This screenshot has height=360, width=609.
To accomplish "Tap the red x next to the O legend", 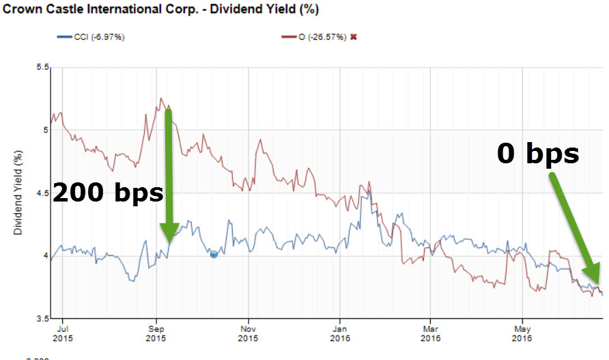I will click(353, 36).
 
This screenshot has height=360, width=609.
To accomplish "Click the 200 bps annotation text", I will click(108, 193).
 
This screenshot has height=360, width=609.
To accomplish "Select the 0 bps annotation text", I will click(537, 154).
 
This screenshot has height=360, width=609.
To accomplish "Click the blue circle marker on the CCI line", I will click(214, 254).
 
